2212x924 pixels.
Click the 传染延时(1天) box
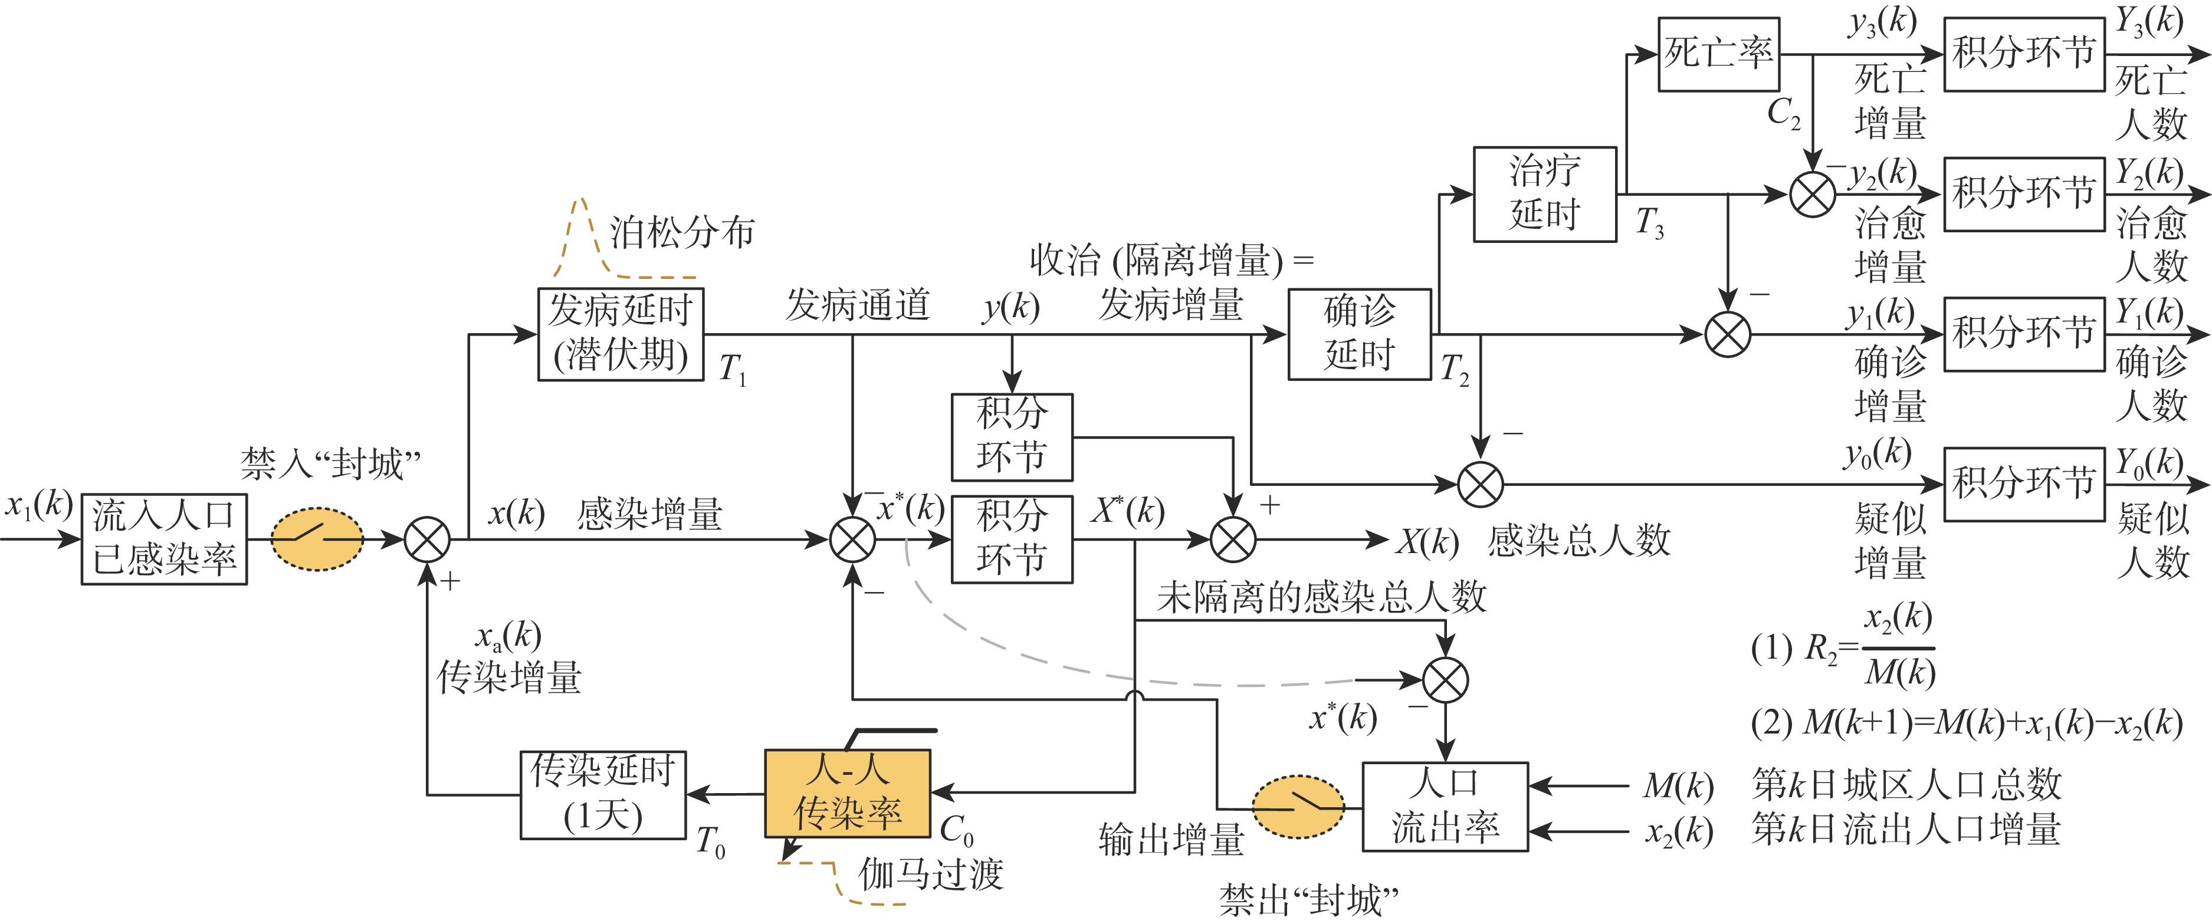(x=603, y=794)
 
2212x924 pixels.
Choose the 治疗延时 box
(x=1545, y=194)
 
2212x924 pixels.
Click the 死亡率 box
(x=1718, y=54)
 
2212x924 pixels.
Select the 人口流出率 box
(x=1445, y=806)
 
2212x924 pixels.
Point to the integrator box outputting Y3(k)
(x=2024, y=54)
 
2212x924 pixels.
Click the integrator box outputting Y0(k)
(x=2024, y=484)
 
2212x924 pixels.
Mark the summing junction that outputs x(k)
(x=427, y=540)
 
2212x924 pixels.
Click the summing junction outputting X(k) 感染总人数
(x=1232, y=540)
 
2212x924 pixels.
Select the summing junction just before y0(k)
(x=1481, y=484)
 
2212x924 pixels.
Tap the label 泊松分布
(x=682, y=232)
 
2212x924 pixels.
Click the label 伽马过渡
(x=931, y=874)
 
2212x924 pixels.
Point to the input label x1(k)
(x=39, y=504)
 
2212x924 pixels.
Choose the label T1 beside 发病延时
(x=733, y=369)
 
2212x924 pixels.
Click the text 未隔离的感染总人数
(x=1321, y=597)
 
